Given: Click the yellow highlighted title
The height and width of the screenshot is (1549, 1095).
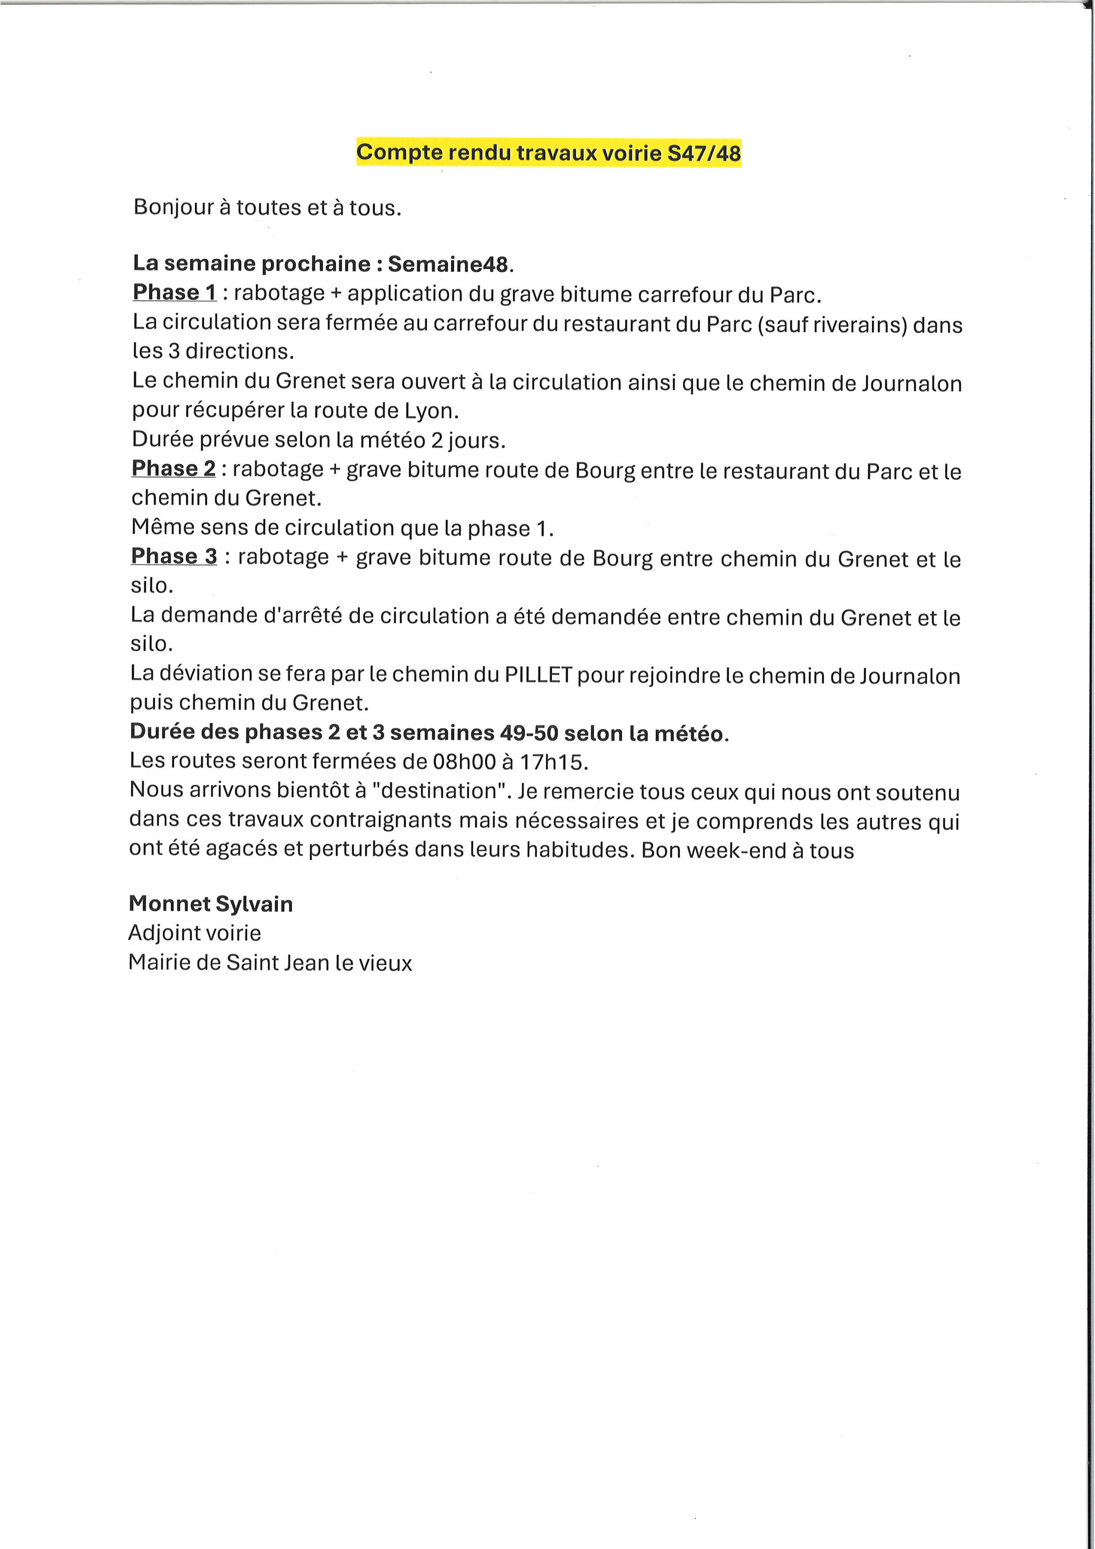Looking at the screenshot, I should tap(548, 152).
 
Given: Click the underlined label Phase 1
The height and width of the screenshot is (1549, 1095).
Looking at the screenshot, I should tap(174, 292).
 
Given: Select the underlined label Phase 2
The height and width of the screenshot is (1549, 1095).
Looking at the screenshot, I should tap(173, 468).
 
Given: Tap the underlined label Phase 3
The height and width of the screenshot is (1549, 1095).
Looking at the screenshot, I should tap(174, 556).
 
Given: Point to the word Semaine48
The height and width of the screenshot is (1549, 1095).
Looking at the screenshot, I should tap(448, 264).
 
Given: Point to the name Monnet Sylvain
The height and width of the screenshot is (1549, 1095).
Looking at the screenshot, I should tap(211, 904).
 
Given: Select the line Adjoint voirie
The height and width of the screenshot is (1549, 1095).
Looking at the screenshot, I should tap(194, 933).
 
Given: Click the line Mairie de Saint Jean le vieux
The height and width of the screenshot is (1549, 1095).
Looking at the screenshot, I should tap(270, 963).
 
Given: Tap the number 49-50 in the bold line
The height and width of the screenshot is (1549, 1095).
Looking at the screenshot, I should tap(529, 733).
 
